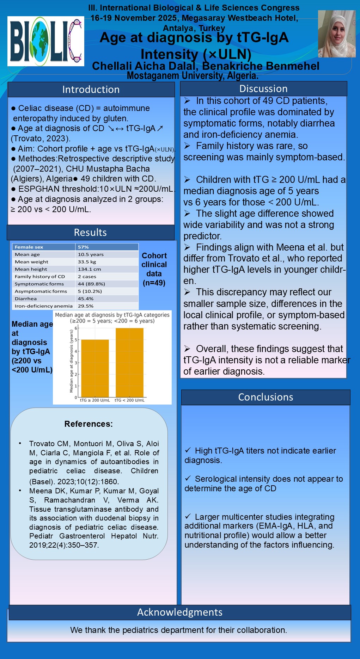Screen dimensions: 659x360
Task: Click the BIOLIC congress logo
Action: [x=46, y=41]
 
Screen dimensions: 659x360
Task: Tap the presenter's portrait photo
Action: [x=336, y=34]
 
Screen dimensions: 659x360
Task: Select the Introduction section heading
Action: [x=91, y=90]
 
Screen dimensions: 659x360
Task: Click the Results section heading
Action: [x=90, y=233]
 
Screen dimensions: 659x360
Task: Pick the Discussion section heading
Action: [x=263, y=89]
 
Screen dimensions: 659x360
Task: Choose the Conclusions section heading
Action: [x=266, y=397]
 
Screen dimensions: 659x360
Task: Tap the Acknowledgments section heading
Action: [x=180, y=612]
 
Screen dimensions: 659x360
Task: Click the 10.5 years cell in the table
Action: [x=91, y=254]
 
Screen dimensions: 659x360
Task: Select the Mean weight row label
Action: [x=31, y=262]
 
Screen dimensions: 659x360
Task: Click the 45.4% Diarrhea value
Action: [x=86, y=299]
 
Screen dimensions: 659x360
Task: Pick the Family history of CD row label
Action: [x=40, y=277]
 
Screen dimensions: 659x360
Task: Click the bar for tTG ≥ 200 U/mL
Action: [x=95, y=368]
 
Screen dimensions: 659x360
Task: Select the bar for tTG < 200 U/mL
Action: [x=129, y=363]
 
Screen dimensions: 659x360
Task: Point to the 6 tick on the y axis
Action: [x=76, y=328]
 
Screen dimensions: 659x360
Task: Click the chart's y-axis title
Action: [x=71, y=361]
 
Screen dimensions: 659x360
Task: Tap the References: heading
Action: [x=89, y=424]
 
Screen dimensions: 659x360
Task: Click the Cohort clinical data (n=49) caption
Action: [x=154, y=269]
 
